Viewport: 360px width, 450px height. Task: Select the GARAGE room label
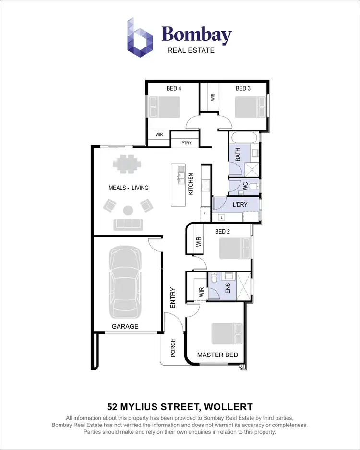click(x=125, y=326)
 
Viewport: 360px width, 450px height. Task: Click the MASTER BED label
click(x=217, y=355)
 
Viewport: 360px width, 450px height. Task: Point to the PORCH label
click(x=173, y=348)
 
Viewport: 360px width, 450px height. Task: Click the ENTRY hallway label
click(x=173, y=297)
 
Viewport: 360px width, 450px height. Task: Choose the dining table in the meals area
click(x=128, y=164)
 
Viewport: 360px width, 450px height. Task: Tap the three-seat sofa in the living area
click(x=128, y=224)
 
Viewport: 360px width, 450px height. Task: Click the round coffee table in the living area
click(x=128, y=210)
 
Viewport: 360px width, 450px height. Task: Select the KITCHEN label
click(x=191, y=183)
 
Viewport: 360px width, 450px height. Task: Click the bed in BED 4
click(x=164, y=107)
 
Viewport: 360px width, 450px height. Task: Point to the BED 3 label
click(x=243, y=88)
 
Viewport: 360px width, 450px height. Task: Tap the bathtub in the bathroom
click(x=245, y=138)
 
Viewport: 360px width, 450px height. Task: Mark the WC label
click(x=245, y=187)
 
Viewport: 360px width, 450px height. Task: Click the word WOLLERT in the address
click(x=228, y=407)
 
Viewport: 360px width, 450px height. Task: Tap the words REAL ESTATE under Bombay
click(x=191, y=50)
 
